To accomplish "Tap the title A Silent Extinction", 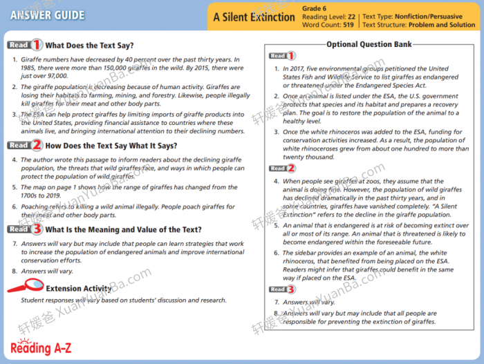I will (254, 17).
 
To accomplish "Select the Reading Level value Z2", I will (352, 17).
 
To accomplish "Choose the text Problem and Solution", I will (442, 25).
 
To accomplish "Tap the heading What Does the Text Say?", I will (89, 46).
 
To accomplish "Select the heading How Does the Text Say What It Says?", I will (111, 146).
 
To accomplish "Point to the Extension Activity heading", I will (78, 289).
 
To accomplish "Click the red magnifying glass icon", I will (24, 285).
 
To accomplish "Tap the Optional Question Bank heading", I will (369, 44).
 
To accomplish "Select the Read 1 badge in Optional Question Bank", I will (282, 56).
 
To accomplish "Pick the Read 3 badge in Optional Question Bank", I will (282, 289).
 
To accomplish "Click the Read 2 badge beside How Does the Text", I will (25, 146).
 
